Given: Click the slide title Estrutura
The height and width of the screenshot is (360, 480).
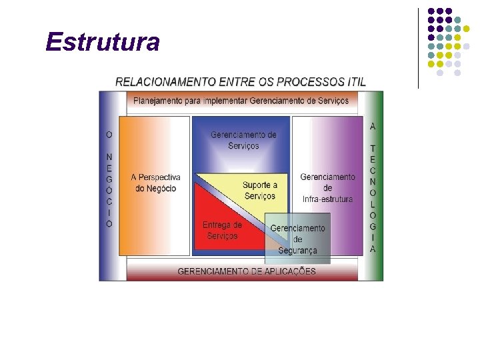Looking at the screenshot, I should (103, 42).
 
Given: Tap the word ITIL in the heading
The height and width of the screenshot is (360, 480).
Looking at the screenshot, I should (356, 82).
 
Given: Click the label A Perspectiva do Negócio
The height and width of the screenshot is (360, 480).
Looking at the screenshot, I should (155, 183).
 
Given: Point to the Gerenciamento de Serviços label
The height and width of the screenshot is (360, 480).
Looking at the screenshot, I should (243, 140).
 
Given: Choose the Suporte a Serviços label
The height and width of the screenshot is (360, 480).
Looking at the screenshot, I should (259, 190).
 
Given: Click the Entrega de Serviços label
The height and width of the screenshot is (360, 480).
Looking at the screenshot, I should (222, 231).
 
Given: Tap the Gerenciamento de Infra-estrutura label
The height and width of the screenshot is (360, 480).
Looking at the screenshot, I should (327, 188).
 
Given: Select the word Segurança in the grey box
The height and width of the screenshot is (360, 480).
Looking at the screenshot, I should (297, 251).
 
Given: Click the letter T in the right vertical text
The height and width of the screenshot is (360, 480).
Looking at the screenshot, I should (373, 148).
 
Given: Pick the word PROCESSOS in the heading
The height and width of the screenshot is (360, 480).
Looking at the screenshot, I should (310, 82).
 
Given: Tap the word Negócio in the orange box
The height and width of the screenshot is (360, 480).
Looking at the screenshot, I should (156, 189).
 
